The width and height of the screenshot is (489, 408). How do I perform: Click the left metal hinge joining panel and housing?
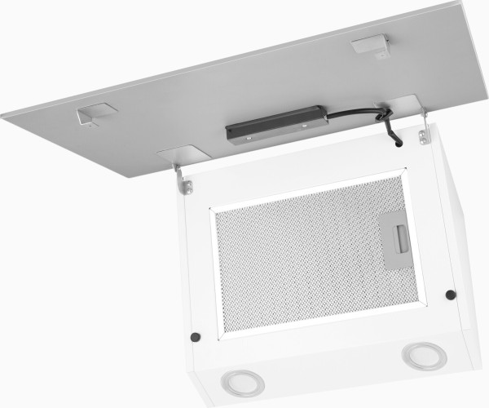184,180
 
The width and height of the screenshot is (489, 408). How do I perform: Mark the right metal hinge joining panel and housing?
423,131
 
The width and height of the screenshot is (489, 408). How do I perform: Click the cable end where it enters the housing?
396,145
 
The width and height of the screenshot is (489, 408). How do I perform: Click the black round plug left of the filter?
195,337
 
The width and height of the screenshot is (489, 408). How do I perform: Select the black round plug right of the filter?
451,295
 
